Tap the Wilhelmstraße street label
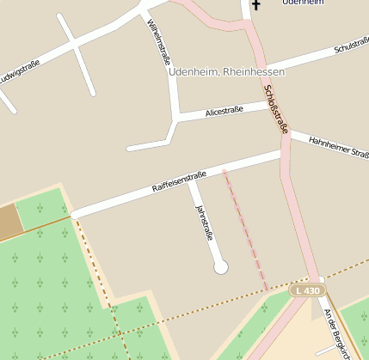160,47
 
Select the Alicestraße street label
224,110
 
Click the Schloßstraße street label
277,108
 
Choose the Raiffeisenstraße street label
179,182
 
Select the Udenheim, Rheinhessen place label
228,72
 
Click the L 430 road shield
306,291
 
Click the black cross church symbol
255,6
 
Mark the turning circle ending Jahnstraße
221,267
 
